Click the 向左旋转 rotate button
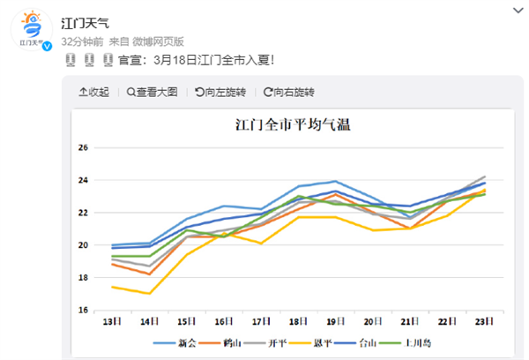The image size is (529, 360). point(220,92)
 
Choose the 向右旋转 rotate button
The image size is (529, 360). point(288,92)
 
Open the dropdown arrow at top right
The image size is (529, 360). point(515,11)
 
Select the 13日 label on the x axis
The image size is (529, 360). point(112,322)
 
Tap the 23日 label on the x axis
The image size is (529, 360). point(484,322)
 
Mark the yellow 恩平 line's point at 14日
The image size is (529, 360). point(149,294)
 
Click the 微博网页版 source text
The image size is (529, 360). point(158,41)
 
